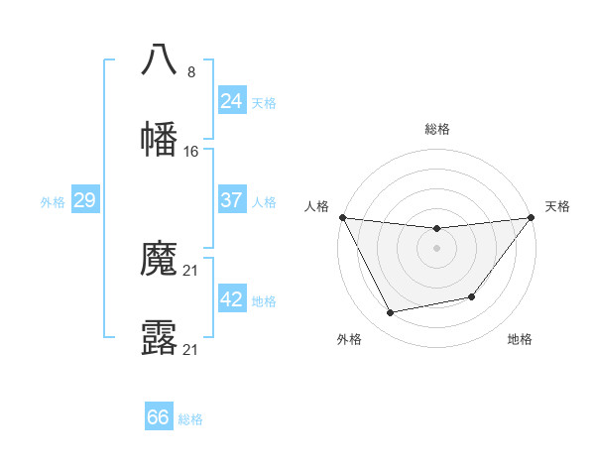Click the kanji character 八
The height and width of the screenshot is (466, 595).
point(159,60)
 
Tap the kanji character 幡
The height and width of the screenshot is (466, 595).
point(159,139)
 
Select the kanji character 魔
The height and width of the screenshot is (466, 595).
point(159,260)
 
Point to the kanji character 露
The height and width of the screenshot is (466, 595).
point(159,338)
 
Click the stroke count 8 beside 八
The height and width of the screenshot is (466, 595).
point(191,72)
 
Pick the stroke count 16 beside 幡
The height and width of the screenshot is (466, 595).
point(191,151)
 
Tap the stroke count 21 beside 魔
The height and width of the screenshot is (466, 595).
point(191,272)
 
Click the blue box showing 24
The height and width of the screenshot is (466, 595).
point(231,101)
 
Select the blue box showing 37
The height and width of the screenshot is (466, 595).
point(231,200)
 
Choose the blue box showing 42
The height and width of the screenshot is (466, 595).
point(231,299)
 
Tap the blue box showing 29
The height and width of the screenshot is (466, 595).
point(84,200)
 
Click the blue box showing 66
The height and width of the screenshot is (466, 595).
point(159,417)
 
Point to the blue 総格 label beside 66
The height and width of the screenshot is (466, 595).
point(190,419)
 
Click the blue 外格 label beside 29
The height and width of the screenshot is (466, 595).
point(53,202)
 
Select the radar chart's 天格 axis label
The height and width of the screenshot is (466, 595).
point(557,206)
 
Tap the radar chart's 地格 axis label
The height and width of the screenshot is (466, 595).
point(520,339)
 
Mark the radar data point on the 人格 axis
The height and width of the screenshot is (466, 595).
point(342,217)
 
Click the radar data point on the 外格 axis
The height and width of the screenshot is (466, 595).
point(390,313)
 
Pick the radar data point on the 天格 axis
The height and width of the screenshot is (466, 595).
point(531,217)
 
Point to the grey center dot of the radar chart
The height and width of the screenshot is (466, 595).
point(436,248)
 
